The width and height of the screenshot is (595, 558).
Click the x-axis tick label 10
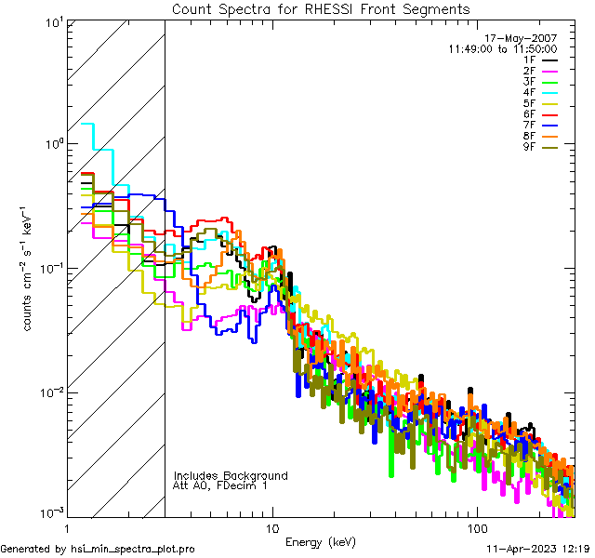272,526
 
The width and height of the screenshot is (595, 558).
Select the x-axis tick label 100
476,526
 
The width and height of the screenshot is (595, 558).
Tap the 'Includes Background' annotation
231,475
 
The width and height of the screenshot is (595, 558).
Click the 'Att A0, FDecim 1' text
220,485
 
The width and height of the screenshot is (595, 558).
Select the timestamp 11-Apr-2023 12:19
539,549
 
